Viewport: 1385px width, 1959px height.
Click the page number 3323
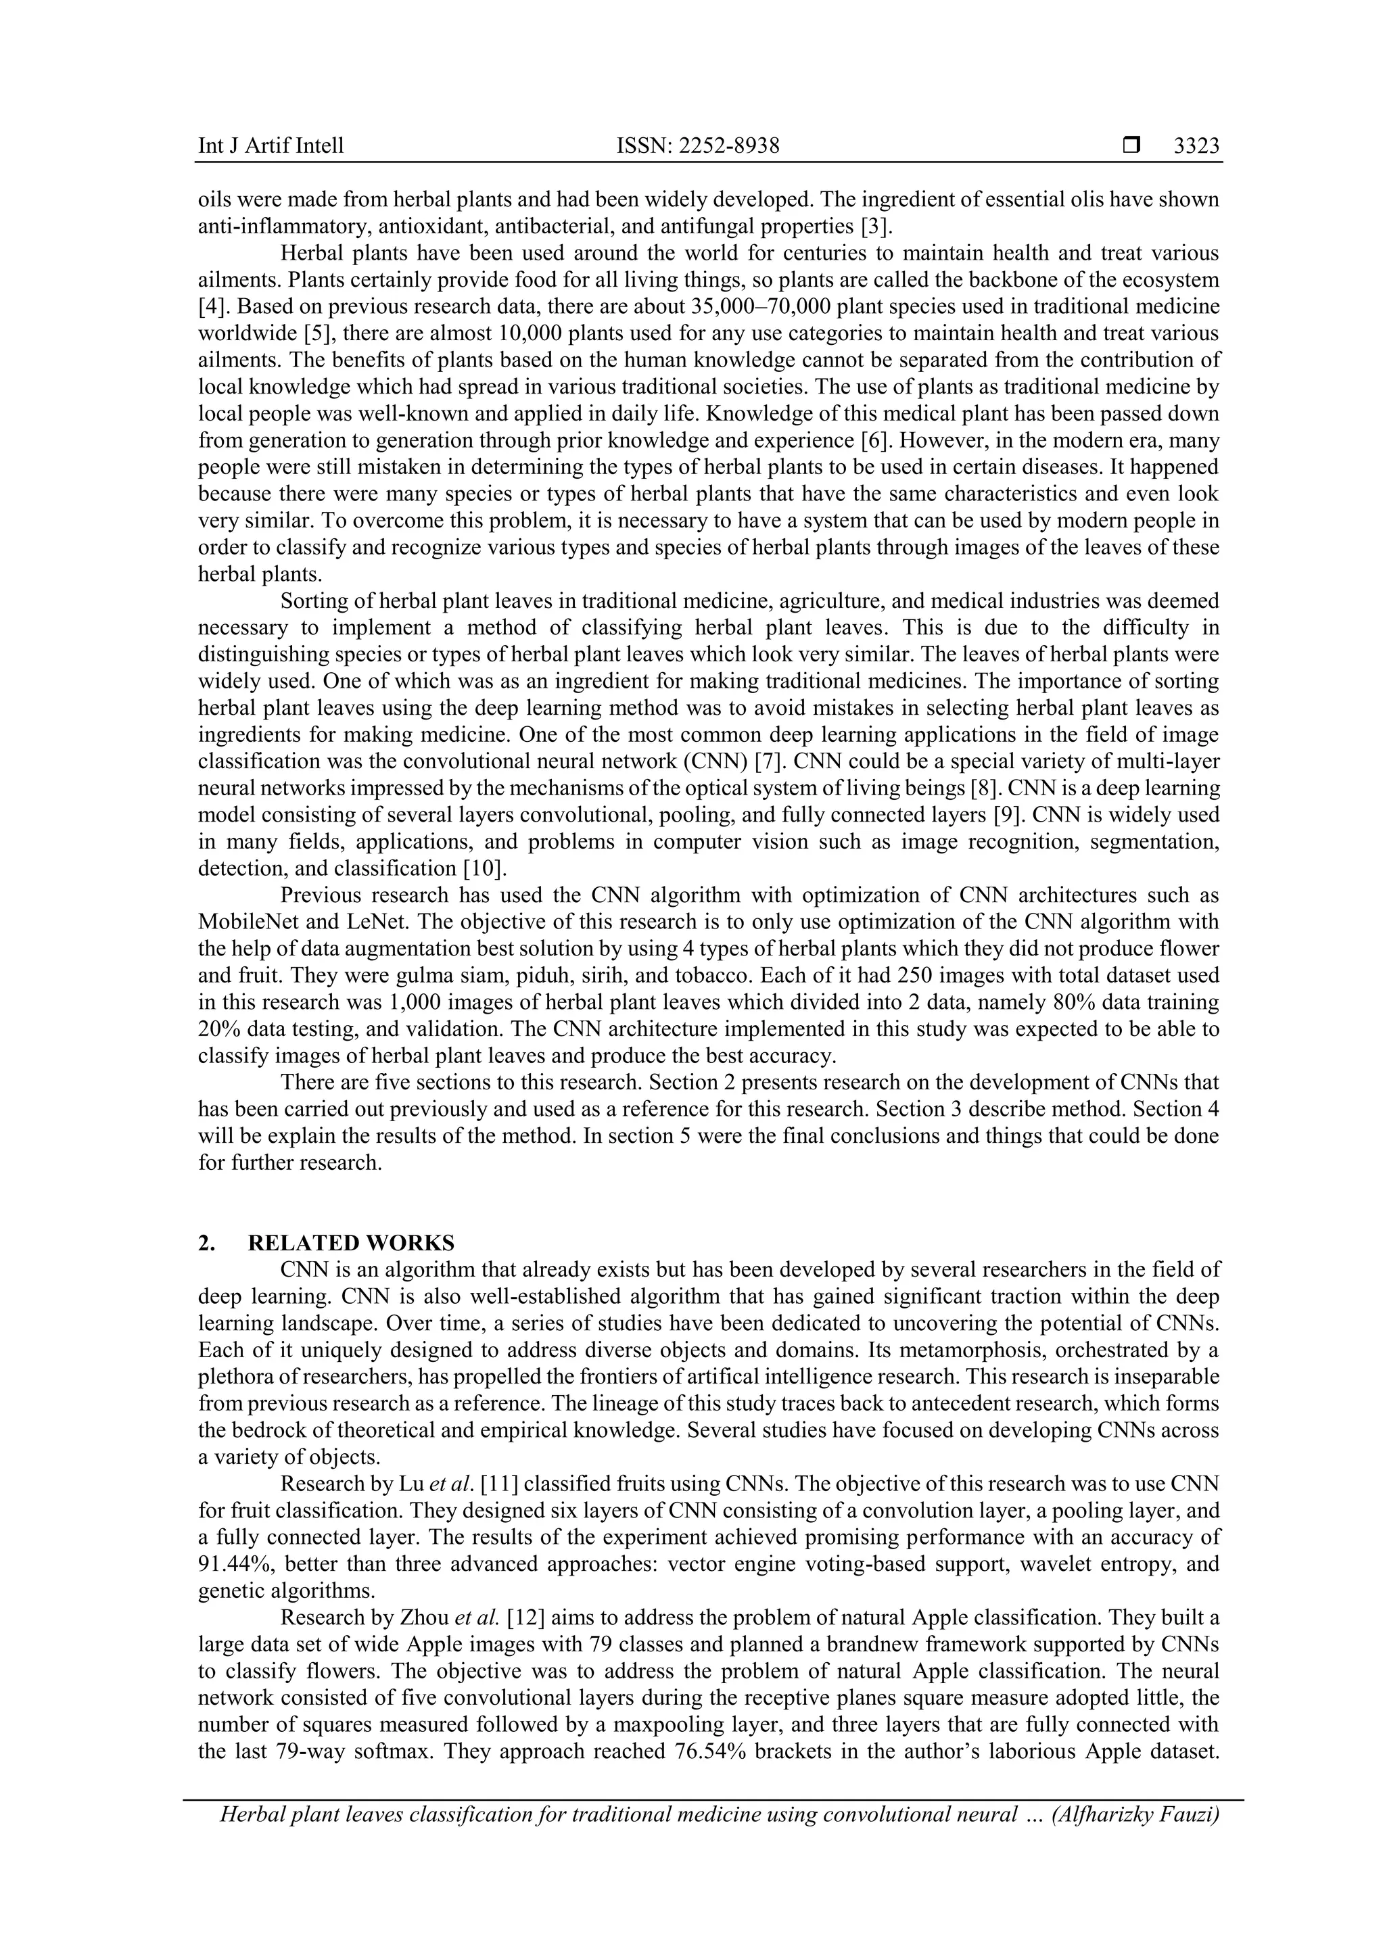click(x=1196, y=146)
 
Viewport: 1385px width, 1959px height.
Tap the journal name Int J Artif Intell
click(x=271, y=146)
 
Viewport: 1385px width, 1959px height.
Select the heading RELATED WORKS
click(x=351, y=1243)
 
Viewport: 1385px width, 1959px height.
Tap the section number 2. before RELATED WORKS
click(x=206, y=1243)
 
